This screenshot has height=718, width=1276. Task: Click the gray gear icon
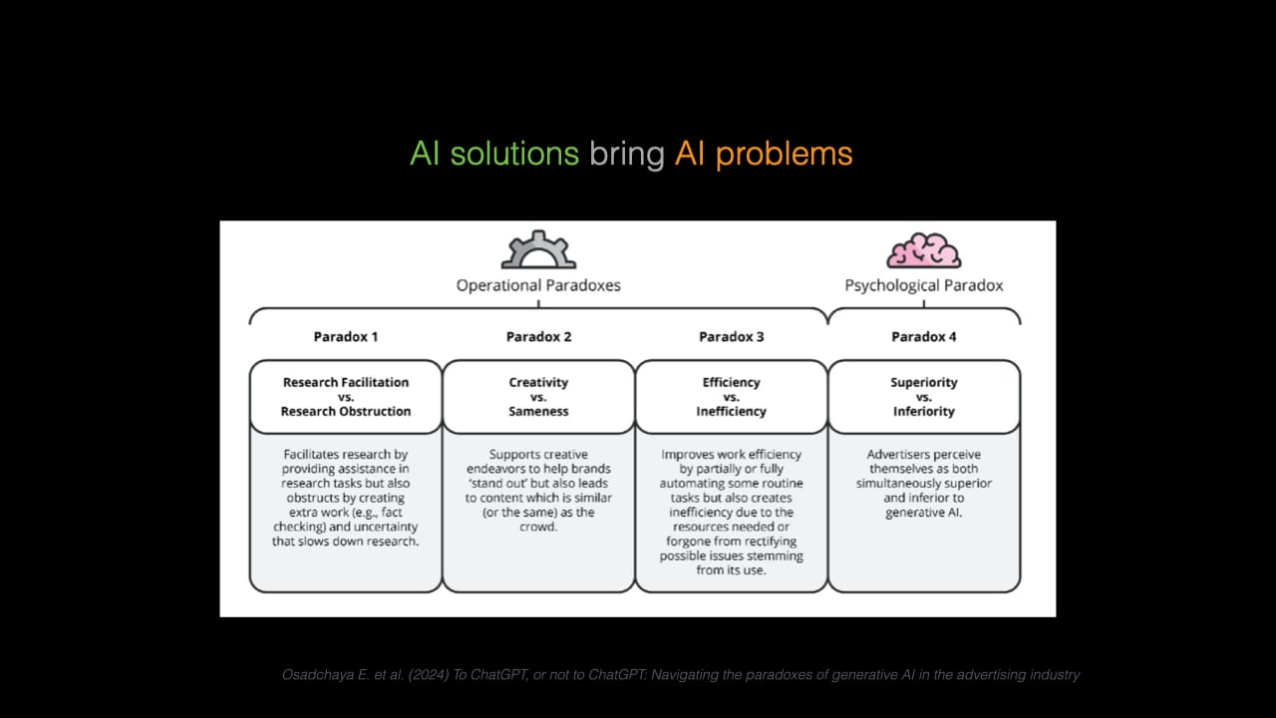tap(538, 250)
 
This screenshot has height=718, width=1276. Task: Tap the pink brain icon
tap(923, 250)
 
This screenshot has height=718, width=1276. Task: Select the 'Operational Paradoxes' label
tap(538, 285)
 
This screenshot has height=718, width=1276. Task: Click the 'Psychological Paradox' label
tap(924, 285)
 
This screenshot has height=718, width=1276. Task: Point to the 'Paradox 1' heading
tap(346, 337)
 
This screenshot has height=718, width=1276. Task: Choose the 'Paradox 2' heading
tap(538, 337)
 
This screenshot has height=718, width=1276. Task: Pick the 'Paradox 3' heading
tap(732, 337)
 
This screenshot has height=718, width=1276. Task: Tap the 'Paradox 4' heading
tap(924, 337)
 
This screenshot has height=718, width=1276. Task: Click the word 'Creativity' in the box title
tap(538, 382)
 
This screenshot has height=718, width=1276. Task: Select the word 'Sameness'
tap(538, 411)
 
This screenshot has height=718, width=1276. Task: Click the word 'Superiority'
tap(924, 382)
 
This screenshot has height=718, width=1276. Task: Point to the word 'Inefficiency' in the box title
tap(732, 411)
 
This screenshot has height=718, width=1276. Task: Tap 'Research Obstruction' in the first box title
tap(346, 411)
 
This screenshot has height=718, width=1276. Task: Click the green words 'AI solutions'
tap(494, 154)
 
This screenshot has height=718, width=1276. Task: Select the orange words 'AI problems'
tap(764, 154)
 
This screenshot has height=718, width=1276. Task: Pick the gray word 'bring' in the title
tap(626, 154)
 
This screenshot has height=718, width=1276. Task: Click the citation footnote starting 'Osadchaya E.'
tap(681, 675)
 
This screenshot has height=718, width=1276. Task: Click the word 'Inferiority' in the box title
tap(924, 411)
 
